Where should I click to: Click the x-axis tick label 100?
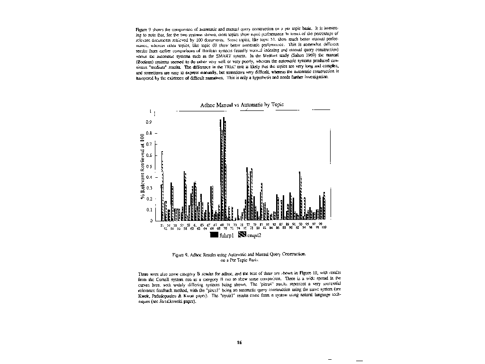pos(324,228)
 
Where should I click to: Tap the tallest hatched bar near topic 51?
pos(162,185)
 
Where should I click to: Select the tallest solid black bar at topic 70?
pos(224,168)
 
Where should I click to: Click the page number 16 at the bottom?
pos(240,343)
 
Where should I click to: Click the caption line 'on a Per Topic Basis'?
pos(240,260)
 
